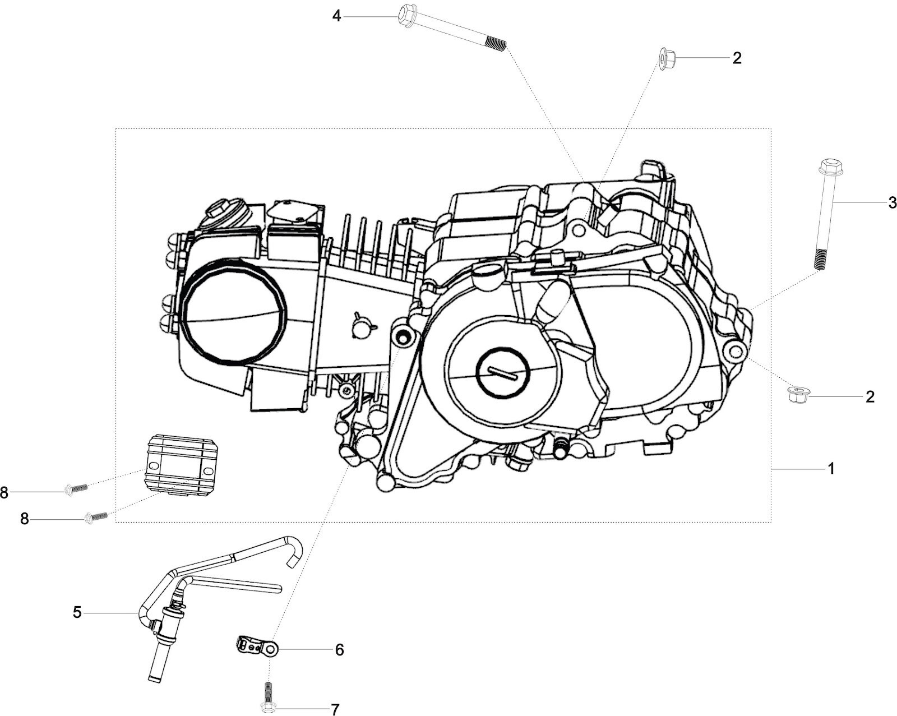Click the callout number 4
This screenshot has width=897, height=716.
[x=336, y=16]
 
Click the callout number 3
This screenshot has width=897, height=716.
[x=892, y=202]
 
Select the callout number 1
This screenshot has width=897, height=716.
[x=831, y=469]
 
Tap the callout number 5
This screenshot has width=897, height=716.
[x=77, y=613]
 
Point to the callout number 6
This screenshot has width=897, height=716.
[x=339, y=649]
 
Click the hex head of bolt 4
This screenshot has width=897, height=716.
[x=407, y=15]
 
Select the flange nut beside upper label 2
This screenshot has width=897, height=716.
[x=666, y=59]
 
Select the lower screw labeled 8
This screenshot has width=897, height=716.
[x=96, y=517]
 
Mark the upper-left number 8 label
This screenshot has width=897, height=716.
[x=4, y=492]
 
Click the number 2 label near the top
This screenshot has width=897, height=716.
[x=737, y=58]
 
